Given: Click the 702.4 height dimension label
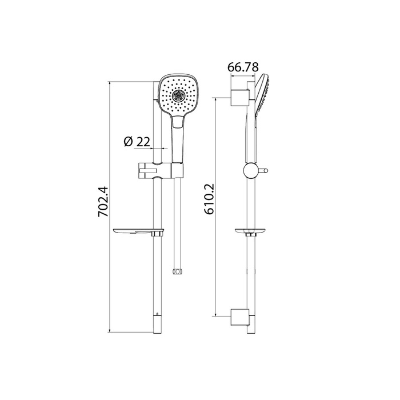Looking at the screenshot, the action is coord(103,202).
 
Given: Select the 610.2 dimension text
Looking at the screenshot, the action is coord(209,199).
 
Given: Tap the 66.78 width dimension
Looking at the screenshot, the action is coord(243,67).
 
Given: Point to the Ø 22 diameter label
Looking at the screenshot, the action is coord(137,142).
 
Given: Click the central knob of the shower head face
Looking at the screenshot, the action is coord(178,95).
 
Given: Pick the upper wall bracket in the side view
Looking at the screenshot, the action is coord(240,98).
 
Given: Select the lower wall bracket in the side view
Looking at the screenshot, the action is coord(240,318).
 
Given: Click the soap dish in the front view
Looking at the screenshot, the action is coord(138,232).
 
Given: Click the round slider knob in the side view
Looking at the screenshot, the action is coord(251,170).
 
